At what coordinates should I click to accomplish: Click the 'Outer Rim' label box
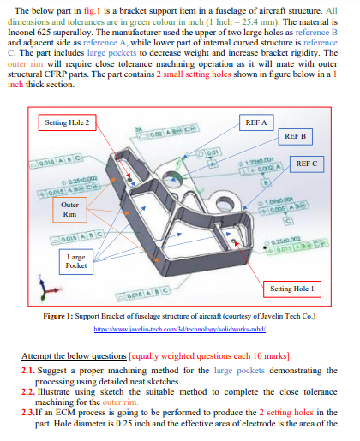point(71,210)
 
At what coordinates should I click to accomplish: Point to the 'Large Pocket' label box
point(75,261)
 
